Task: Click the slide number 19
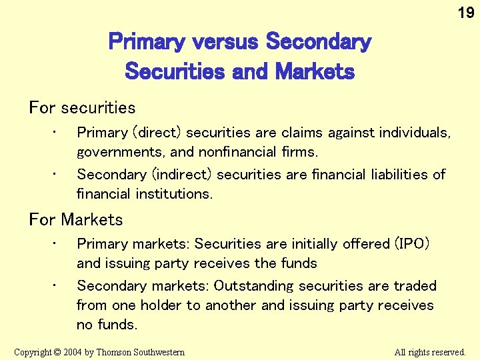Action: coord(465,13)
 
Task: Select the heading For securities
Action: coord(82,108)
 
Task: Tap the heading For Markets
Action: coord(76,219)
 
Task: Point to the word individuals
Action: coord(415,133)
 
